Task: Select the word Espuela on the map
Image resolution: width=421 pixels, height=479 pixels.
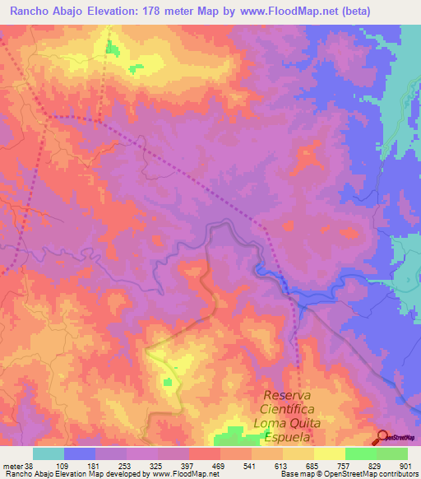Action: point(292,440)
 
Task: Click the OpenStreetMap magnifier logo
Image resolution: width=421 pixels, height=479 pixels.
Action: point(382,437)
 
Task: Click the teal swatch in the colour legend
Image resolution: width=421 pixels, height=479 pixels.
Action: point(48,453)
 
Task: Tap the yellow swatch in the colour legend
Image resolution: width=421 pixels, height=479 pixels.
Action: point(329,453)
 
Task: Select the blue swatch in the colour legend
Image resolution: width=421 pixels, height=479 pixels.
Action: point(79,453)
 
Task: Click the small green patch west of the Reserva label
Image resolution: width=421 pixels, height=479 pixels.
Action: point(169,381)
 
